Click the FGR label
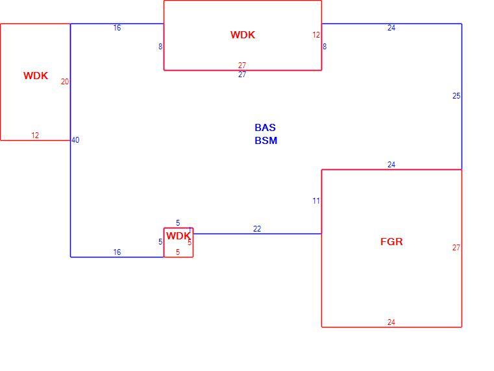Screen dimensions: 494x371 coord(391,242)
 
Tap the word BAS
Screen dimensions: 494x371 coord(265,127)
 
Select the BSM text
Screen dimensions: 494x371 coord(266,140)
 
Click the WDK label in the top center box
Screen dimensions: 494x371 coord(243,34)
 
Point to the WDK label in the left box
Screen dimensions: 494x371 coord(36,75)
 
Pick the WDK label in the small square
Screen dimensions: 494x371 coord(179,235)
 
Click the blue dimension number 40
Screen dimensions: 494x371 coord(75,140)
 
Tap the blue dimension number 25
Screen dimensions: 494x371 coord(456,96)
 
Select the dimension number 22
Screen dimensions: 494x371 coord(257,229)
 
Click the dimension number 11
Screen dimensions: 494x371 coord(316,201)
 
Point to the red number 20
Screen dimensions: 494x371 coord(65,82)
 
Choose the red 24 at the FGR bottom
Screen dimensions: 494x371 coord(391,322)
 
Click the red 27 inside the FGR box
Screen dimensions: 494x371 coord(456,248)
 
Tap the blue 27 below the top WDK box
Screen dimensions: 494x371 coord(242,74)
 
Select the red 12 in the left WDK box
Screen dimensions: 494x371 coord(35,136)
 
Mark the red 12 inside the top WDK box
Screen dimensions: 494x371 coord(316,35)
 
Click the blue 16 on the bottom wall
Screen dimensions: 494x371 coord(117,252)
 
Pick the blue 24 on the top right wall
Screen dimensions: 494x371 coord(391,28)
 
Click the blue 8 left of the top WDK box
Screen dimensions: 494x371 coord(160,47)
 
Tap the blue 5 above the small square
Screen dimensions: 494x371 coord(178,222)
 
